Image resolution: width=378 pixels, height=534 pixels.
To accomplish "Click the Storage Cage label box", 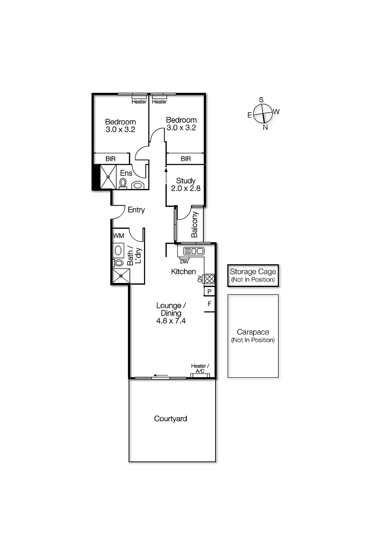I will tap(253, 276).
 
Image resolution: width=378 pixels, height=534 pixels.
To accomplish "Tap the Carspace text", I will tap(253, 332).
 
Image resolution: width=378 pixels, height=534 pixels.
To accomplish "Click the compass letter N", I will tap(265, 127).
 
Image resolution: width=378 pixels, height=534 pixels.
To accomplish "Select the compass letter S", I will tap(261, 100).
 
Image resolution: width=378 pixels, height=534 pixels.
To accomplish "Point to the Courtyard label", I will tap(170, 419).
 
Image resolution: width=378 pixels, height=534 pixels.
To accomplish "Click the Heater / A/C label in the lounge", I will tap(200, 368).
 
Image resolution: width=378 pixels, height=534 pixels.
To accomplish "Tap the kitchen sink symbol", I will tap(194, 251).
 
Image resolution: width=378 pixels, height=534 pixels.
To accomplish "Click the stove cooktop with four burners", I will tap(209, 279).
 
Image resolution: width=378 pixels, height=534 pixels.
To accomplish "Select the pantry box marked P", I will tap(209, 292).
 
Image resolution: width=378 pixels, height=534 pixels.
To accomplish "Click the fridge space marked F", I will tap(210, 304).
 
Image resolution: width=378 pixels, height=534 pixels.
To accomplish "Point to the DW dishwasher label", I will tap(184, 262).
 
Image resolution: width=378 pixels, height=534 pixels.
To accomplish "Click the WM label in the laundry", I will tap(118, 236).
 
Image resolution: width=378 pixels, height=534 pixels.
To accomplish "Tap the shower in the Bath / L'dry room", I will tap(120, 275).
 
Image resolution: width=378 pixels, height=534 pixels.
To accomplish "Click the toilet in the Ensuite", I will tap(123, 183).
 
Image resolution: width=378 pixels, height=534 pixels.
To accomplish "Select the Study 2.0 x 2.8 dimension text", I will tap(186, 188).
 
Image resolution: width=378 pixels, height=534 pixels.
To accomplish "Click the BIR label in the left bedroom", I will tap(111, 159).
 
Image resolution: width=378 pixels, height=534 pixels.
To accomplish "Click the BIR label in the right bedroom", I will tap(186, 159).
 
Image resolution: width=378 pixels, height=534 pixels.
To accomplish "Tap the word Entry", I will tap(136, 210).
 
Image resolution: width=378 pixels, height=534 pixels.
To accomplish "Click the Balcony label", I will tap(195, 224).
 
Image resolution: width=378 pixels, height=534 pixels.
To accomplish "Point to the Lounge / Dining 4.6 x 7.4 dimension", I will tap(171, 321).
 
